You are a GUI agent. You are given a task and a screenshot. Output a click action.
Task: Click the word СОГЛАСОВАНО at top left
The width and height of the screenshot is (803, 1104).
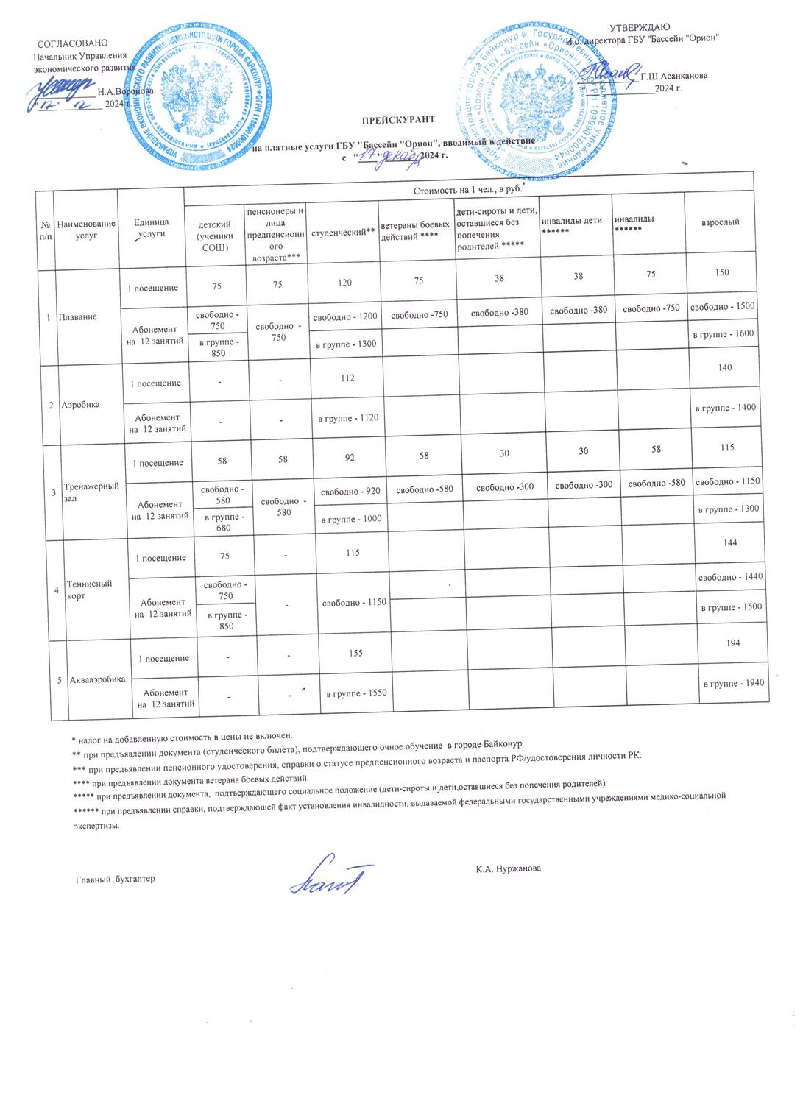click(x=72, y=44)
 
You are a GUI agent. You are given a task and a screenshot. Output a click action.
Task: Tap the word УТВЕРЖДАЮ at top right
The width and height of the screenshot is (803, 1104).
click(x=640, y=28)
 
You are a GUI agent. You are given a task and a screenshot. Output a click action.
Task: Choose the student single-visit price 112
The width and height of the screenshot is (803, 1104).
click(x=347, y=378)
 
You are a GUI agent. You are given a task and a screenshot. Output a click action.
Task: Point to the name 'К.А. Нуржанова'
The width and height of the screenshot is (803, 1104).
click(x=509, y=869)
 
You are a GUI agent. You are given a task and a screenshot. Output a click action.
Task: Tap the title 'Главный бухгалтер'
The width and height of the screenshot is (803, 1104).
click(x=116, y=880)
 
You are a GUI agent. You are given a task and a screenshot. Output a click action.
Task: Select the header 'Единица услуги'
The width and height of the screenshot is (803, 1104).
click(x=151, y=227)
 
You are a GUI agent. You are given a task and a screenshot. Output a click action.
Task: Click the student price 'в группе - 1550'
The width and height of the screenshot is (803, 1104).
click(x=352, y=693)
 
